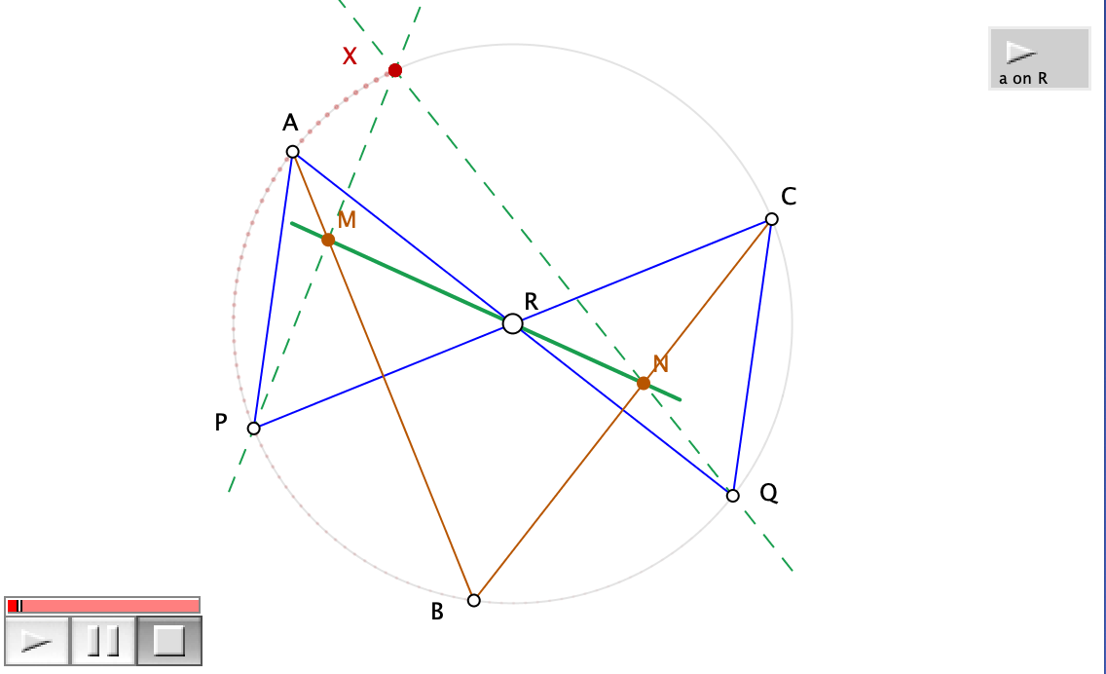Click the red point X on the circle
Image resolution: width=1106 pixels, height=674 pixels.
[x=394, y=70]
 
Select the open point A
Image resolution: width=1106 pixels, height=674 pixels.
[x=292, y=151]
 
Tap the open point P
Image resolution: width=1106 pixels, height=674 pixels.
[x=254, y=429]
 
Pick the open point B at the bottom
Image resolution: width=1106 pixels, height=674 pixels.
[x=474, y=600]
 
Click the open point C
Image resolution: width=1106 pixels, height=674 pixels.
[x=771, y=219]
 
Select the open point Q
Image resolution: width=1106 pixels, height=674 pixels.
[x=733, y=496]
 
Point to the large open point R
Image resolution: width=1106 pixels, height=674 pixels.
[x=512, y=323]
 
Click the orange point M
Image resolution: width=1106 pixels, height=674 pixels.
[x=328, y=240]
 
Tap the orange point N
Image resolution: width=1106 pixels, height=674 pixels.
[x=644, y=383]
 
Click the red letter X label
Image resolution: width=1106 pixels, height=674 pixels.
[x=350, y=56]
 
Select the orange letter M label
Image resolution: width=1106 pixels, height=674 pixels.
[x=347, y=220]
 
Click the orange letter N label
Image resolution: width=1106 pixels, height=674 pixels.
[x=661, y=364]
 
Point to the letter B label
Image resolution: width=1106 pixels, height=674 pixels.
[x=437, y=613]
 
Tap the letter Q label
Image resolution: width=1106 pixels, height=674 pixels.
[x=768, y=494]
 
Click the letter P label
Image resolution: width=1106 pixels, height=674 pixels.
[x=221, y=423]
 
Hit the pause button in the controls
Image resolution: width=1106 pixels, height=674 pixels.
[x=102, y=641]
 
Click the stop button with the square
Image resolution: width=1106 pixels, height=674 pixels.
[x=169, y=641]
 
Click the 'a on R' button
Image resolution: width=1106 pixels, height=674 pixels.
[x=1039, y=58]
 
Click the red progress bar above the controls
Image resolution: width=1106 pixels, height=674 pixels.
[x=102, y=606]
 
